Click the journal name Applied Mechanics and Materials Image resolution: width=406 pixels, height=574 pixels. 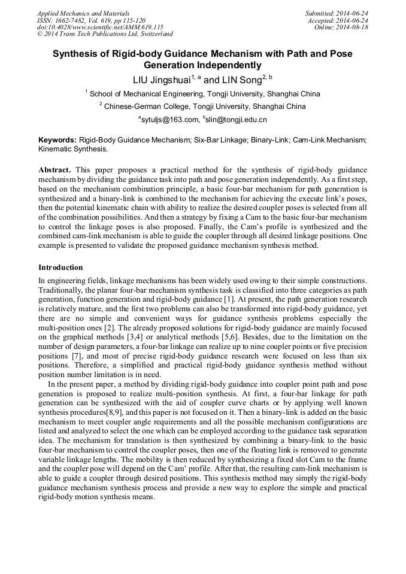[83, 13]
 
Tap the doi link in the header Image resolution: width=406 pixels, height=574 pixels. [100, 28]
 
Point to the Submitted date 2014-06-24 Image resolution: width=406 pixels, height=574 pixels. [337, 13]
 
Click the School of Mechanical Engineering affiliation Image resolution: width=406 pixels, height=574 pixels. [204, 94]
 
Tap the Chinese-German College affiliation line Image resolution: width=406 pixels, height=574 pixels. [204, 107]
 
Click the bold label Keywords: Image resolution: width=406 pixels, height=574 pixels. [57, 139]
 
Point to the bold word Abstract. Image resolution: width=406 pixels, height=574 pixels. [54, 170]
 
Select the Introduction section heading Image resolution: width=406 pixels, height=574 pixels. [60, 267]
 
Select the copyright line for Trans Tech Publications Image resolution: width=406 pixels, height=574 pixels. [105, 35]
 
